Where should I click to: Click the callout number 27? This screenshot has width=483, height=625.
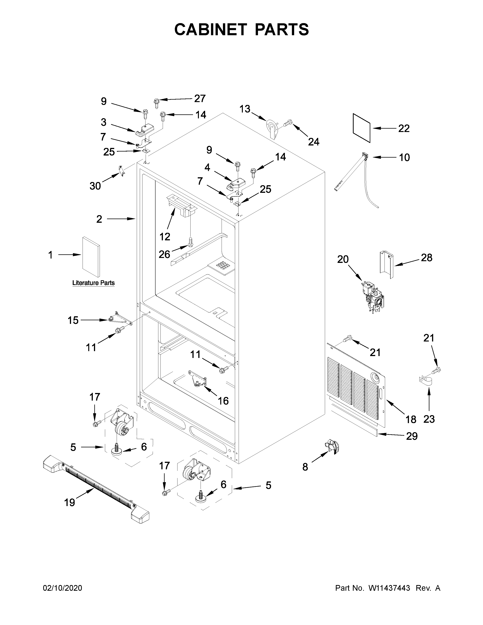point(200,98)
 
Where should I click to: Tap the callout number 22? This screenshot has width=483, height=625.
point(404,128)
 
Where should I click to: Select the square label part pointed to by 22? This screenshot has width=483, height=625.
point(362,128)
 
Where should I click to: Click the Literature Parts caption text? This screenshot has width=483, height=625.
point(93,283)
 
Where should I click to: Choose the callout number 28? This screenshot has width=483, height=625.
point(426,258)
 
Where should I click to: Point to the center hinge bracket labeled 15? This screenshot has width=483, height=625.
point(120,319)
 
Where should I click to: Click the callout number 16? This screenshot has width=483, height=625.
point(223,401)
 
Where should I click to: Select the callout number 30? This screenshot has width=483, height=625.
point(95,186)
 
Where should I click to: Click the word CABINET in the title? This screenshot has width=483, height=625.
point(210,30)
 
